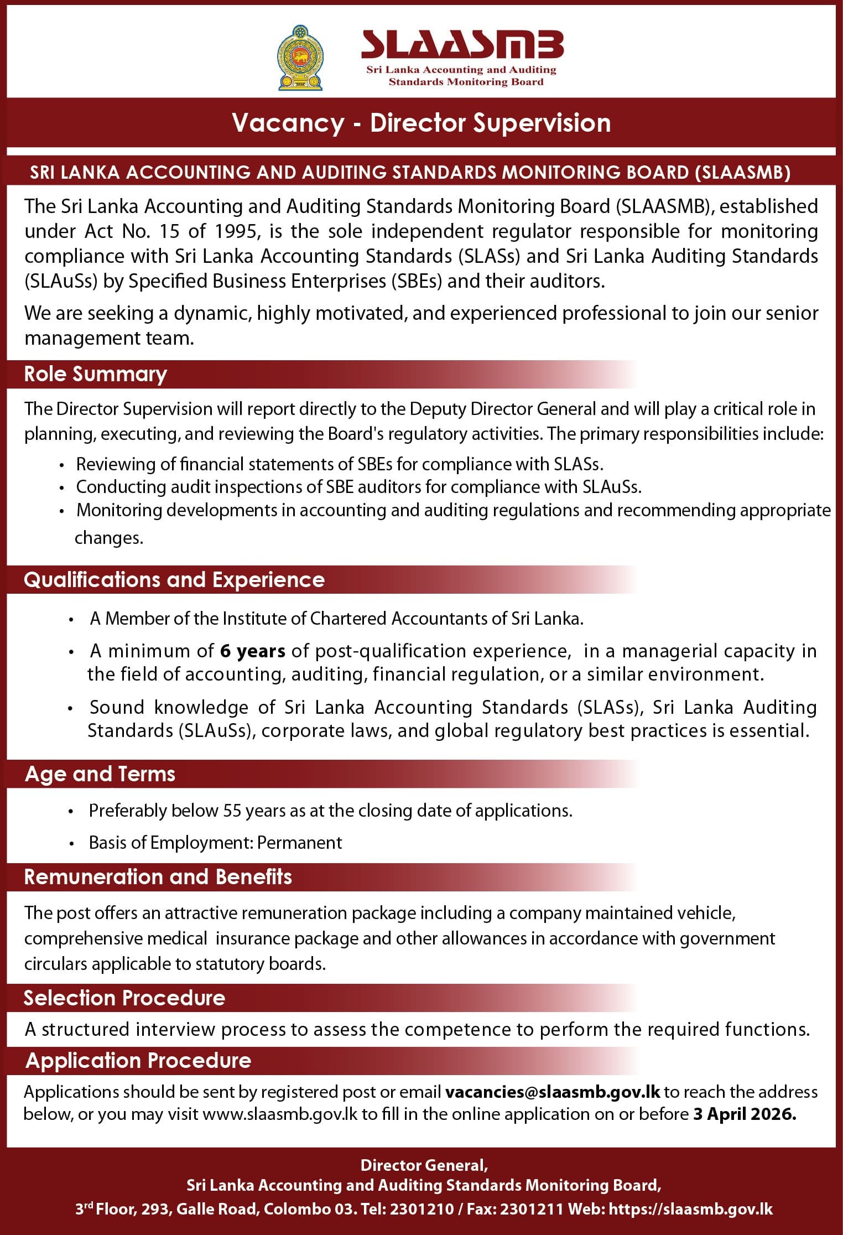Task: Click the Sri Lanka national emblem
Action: point(300,58)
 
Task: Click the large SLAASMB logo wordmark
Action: point(462,44)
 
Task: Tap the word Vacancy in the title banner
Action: point(288,123)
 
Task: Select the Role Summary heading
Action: point(95,374)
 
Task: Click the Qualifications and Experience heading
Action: point(174,580)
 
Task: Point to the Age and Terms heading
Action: point(100,774)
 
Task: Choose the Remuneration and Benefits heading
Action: point(158,877)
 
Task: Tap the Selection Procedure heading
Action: point(124,998)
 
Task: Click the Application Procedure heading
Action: point(138,1060)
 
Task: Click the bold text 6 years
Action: point(252,651)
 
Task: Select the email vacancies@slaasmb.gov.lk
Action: point(553,1092)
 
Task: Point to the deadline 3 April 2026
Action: point(745,1114)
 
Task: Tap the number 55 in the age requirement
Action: point(232,811)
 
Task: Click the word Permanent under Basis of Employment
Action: point(299,843)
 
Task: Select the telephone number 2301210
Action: point(422,1209)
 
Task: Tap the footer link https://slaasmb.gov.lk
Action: point(690,1209)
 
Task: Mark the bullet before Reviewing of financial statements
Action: point(63,465)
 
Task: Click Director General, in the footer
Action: point(424,1165)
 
